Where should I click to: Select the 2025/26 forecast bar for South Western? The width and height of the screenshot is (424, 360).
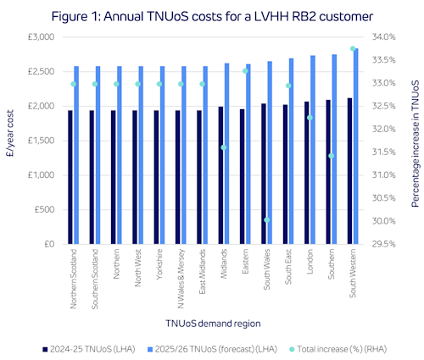(x=356, y=148)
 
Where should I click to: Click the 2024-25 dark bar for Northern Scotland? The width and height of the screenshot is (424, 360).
(x=72, y=177)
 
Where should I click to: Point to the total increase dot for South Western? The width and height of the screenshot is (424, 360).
(x=353, y=49)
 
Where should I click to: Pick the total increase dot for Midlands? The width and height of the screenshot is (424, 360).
(x=224, y=147)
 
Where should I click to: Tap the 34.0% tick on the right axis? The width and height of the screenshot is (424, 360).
(x=383, y=37)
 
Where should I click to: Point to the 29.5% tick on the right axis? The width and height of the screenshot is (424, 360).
(x=383, y=244)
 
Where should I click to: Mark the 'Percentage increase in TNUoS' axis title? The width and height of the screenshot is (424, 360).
(x=416, y=141)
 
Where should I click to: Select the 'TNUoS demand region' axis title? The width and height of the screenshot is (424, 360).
(x=212, y=324)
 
